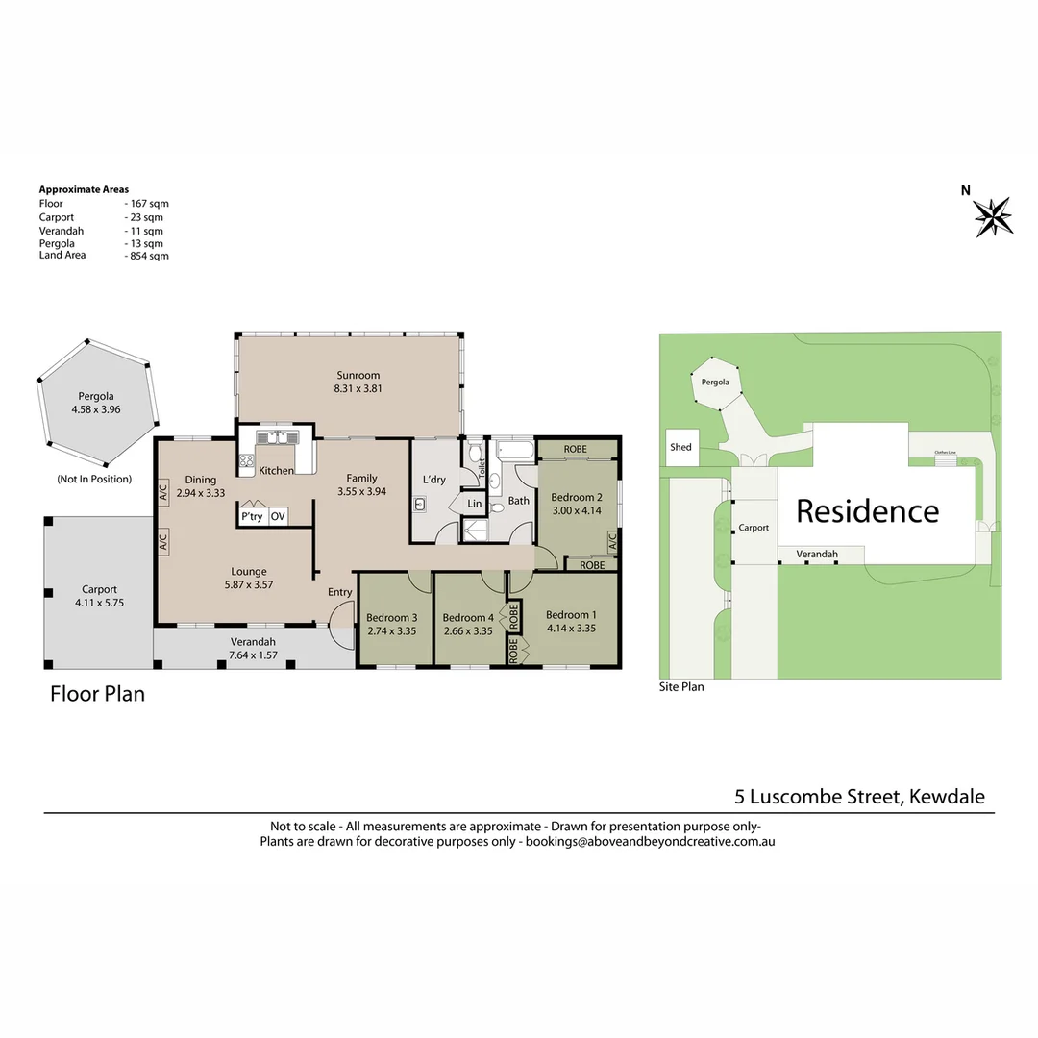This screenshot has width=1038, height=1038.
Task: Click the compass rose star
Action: (993, 216)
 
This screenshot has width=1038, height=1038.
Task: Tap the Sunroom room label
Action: (358, 376)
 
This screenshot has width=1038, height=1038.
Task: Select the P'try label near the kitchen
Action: (252, 516)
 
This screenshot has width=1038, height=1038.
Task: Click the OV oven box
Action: (278, 516)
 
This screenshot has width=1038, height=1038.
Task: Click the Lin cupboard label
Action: (475, 504)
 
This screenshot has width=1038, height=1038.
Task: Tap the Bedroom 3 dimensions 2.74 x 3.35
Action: (392, 630)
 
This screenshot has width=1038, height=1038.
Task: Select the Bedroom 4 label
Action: (468, 618)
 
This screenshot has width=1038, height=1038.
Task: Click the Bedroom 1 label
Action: (571, 615)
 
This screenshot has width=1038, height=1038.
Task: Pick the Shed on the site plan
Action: (681, 447)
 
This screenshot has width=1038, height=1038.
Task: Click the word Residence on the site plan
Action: (867, 511)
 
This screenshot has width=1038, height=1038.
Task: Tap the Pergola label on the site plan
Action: (715, 382)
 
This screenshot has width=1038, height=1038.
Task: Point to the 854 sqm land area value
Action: (150, 256)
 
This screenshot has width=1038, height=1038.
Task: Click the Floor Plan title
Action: (97, 694)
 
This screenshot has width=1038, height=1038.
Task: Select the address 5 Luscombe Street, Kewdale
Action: (859, 797)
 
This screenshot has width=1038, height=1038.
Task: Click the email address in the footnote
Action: (650, 841)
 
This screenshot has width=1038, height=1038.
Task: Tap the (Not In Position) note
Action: (94, 479)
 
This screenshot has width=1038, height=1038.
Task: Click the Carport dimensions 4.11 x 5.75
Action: (99, 603)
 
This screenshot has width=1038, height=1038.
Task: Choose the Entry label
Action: (339, 592)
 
